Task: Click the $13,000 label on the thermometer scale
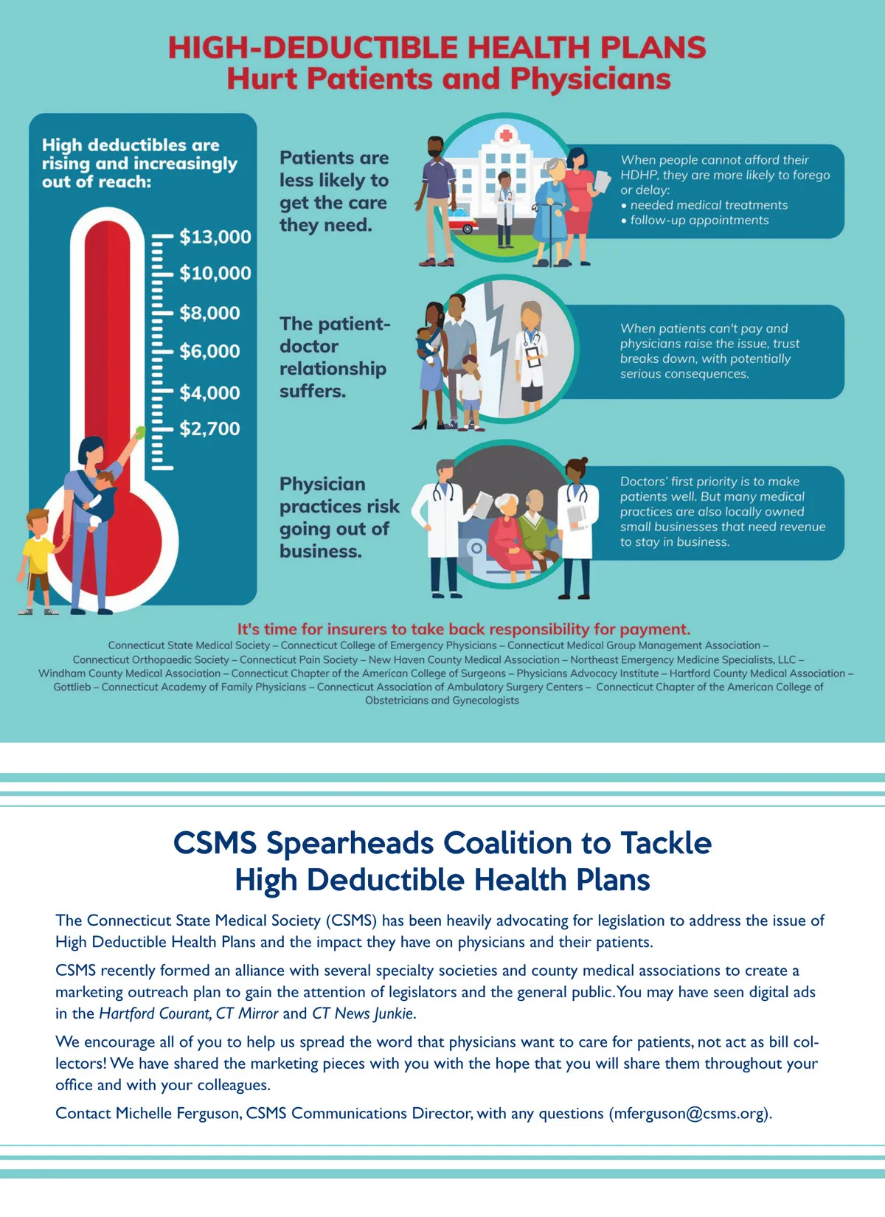pos(215,237)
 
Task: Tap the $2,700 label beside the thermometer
pos(209,429)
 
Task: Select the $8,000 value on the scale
pos(209,313)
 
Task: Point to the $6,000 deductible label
pos(209,351)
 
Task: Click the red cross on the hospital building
pos(506,136)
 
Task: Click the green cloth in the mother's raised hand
pos(140,432)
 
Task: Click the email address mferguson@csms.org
pos(690,1113)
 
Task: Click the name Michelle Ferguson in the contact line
pos(178,1113)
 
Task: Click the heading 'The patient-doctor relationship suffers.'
pos(334,358)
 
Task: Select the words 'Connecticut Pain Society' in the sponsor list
pos(299,659)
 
